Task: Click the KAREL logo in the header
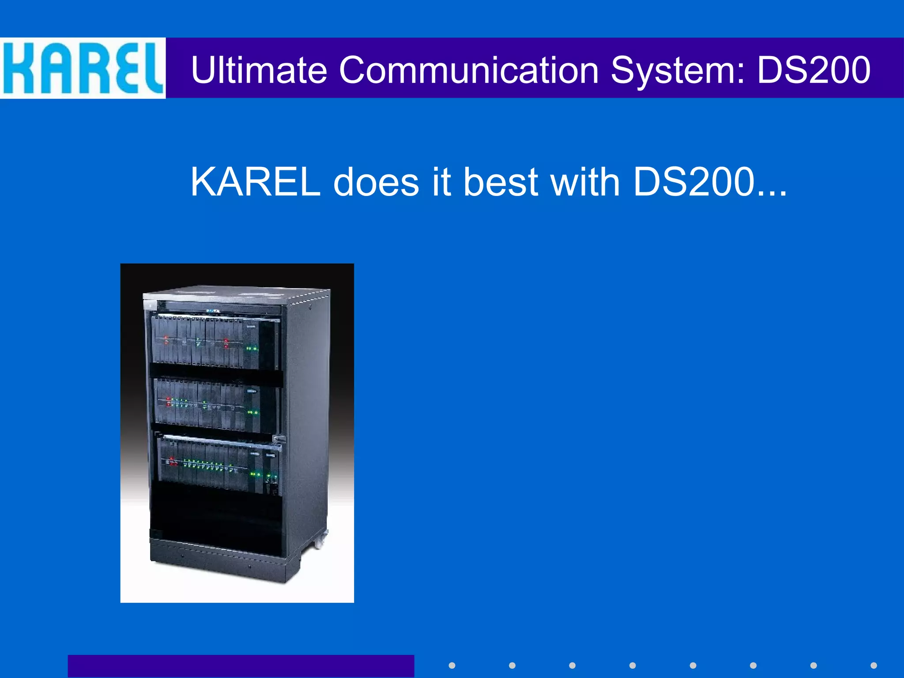pyautogui.click(x=83, y=68)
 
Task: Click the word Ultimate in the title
pyautogui.click(x=259, y=70)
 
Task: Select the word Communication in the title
pyautogui.click(x=468, y=70)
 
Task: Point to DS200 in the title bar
pyautogui.click(x=814, y=70)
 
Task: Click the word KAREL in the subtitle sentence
pyautogui.click(x=255, y=182)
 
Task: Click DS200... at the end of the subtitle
pyautogui.click(x=710, y=182)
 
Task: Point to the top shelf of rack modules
pyautogui.click(x=215, y=341)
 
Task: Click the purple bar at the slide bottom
pyautogui.click(x=241, y=666)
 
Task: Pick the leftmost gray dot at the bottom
pyautogui.click(x=452, y=665)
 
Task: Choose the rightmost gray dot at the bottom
pyautogui.click(x=874, y=665)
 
